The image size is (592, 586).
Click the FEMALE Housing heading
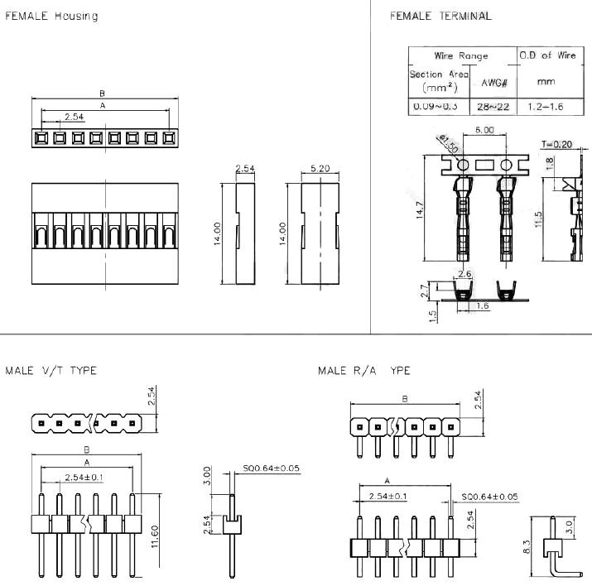point(52,17)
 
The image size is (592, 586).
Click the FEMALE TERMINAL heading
point(440,16)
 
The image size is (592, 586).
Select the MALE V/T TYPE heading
point(51,371)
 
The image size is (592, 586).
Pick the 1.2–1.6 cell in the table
point(545,108)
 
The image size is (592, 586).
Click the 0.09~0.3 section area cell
point(439,108)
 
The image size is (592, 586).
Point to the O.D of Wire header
point(546,55)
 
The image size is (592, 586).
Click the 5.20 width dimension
point(320,168)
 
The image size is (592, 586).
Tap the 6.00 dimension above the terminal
point(484,130)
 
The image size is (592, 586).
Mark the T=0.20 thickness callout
point(556,144)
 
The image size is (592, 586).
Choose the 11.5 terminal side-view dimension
point(539,221)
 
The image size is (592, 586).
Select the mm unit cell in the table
point(545,82)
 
